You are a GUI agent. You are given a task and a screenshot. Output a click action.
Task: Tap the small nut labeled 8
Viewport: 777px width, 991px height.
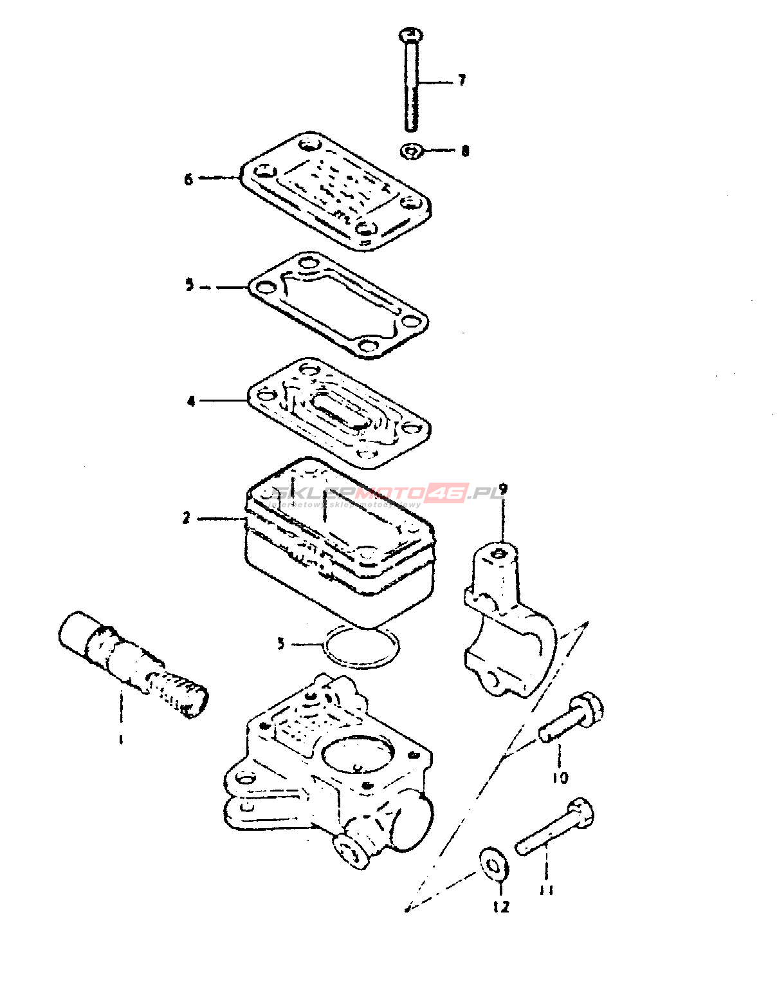coord(410,152)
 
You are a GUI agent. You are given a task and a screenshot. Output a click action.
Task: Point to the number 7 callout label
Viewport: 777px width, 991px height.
coord(461,80)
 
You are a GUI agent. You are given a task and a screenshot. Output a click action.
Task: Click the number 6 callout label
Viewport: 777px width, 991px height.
coord(188,179)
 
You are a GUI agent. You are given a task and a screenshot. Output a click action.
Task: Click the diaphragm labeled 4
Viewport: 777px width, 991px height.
coord(340,412)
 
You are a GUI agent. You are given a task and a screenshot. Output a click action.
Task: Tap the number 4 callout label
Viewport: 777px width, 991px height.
coord(191,402)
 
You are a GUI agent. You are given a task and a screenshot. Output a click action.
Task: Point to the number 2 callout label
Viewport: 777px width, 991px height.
coord(187,517)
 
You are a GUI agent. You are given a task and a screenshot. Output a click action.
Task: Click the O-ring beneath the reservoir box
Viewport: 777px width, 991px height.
coord(361,647)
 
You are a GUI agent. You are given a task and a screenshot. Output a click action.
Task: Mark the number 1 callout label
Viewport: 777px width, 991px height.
coord(120,739)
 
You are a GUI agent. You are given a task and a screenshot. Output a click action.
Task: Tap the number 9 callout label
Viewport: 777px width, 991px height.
coord(503,490)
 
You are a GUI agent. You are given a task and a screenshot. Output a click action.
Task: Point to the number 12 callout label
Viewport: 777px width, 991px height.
coord(500,907)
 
